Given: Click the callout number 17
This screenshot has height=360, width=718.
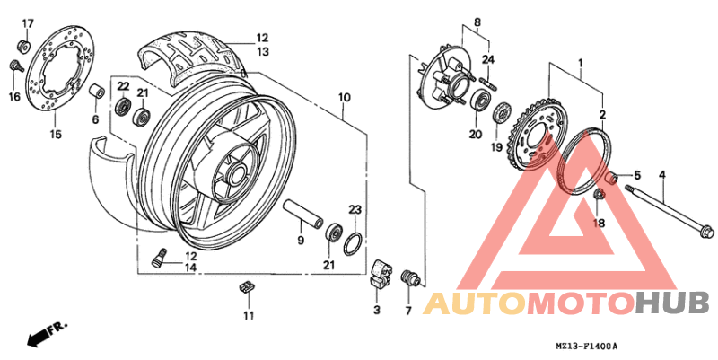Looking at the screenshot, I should tap(27, 22).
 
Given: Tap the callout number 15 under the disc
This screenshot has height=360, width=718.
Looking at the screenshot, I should tap(56, 135).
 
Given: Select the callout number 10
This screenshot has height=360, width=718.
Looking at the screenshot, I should tap(344, 96).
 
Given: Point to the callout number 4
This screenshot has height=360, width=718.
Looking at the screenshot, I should tap(661, 174).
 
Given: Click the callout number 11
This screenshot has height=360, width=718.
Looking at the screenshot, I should tap(249, 315).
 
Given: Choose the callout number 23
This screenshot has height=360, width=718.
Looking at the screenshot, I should tap(355, 210).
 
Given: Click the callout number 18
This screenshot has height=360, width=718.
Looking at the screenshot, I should tap(599, 222).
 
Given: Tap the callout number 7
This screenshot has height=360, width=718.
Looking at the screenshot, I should tap(407, 311).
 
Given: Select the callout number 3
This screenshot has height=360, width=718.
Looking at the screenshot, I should tap(377, 310).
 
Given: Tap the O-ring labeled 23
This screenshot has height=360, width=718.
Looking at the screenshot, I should tap(355, 242).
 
